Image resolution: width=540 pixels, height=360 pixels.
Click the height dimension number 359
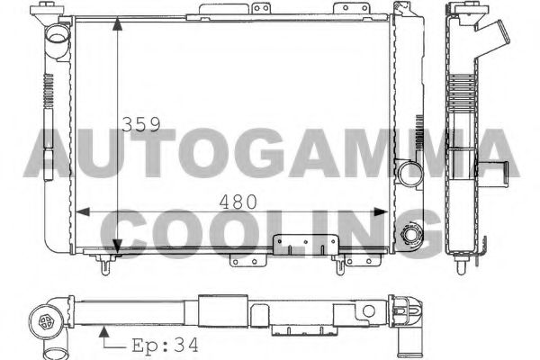tap(141, 124)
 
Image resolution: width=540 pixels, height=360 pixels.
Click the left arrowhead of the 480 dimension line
tap(78, 212)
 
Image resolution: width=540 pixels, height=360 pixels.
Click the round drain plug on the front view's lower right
tap(413, 236)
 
